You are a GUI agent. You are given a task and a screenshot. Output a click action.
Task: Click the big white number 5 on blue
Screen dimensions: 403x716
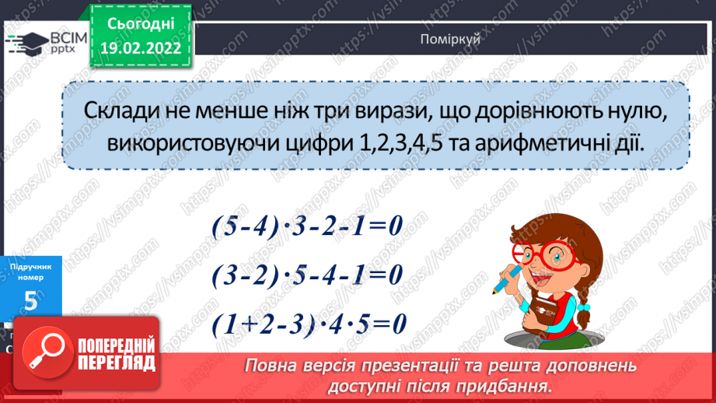(31, 302)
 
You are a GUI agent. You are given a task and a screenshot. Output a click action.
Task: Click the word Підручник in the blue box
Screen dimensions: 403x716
(32, 266)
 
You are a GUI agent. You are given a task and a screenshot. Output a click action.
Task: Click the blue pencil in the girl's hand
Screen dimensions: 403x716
(503, 281)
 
